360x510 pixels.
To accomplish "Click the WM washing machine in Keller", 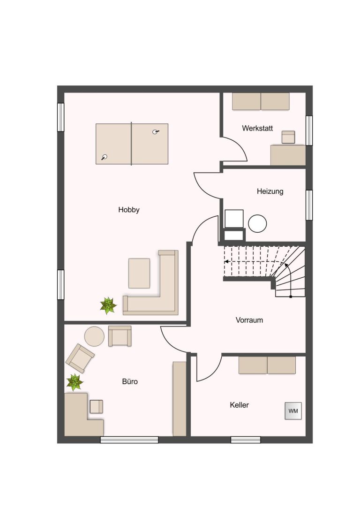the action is tap(293, 411).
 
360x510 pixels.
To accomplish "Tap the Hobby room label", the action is tap(128, 210).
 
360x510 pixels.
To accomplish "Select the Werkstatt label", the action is tap(257, 128).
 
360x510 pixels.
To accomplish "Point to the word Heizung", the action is tap(270, 191).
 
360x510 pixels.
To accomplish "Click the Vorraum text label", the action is tap(249, 320).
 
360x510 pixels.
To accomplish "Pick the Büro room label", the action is tap(130, 381).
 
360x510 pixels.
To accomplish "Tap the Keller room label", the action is tap(239, 405).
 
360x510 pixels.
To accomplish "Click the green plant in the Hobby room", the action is tap(108, 306).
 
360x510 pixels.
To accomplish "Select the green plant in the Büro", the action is tap(75, 382).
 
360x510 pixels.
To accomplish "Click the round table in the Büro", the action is tap(94, 336).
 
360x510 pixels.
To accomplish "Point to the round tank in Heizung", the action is tap(257, 224).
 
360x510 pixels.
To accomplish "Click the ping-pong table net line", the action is tap(131, 144).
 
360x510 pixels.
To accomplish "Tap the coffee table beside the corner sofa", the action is tap(139, 273).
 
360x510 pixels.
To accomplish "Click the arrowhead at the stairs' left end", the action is tap(226, 261).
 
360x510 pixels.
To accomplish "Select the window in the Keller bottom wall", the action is tap(246, 440).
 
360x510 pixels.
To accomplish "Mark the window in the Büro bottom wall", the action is tap(129, 440).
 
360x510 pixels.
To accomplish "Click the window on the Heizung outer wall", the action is tap(309, 205).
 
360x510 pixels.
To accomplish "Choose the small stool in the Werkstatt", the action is tap(288, 137).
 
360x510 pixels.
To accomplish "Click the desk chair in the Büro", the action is tap(96, 407).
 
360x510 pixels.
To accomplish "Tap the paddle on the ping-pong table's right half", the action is tap(156, 132).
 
